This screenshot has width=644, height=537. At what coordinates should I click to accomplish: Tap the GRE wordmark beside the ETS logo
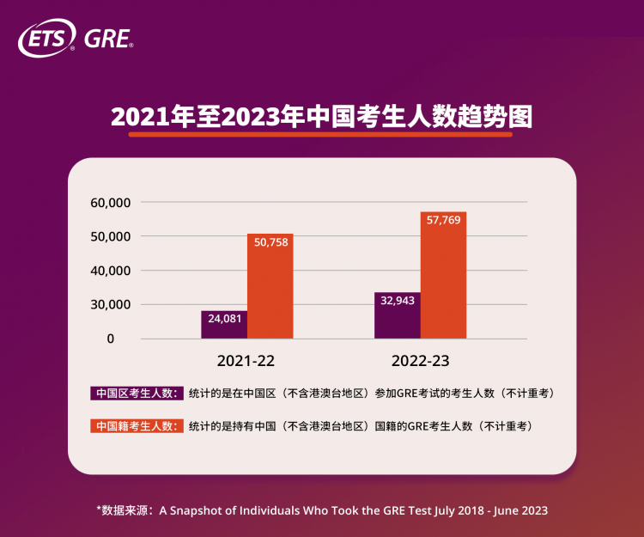pyautogui.click(x=108, y=40)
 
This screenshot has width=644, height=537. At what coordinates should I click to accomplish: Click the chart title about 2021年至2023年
pyautogui.click(x=321, y=116)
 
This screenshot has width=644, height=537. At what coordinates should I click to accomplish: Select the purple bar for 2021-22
pyautogui.click(x=224, y=327)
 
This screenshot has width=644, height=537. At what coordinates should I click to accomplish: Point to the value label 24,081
pyautogui.click(x=224, y=318)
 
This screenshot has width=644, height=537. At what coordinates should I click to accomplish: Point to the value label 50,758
pyautogui.click(x=270, y=241)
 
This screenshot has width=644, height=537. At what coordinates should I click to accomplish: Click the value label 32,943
pyautogui.click(x=398, y=299)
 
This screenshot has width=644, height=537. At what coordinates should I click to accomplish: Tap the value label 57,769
pyautogui.click(x=443, y=220)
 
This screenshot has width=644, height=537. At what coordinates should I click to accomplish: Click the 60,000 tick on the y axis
pyautogui.click(x=109, y=203)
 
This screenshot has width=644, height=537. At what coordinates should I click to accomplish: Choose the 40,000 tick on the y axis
pyautogui.click(x=109, y=271)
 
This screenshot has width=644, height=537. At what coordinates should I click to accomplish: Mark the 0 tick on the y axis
pyautogui.click(x=110, y=339)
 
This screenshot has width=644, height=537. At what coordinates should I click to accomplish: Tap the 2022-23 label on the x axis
pyautogui.click(x=421, y=360)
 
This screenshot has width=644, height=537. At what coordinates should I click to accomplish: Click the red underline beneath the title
pyautogui.click(x=321, y=134)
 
